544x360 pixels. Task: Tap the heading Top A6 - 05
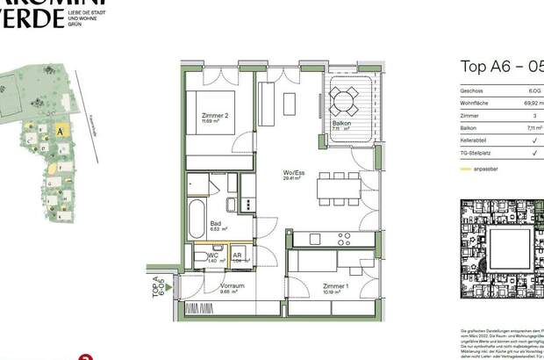[x=501, y=66]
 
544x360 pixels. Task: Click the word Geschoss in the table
[x=473, y=90]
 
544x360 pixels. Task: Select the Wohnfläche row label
[x=476, y=103]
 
